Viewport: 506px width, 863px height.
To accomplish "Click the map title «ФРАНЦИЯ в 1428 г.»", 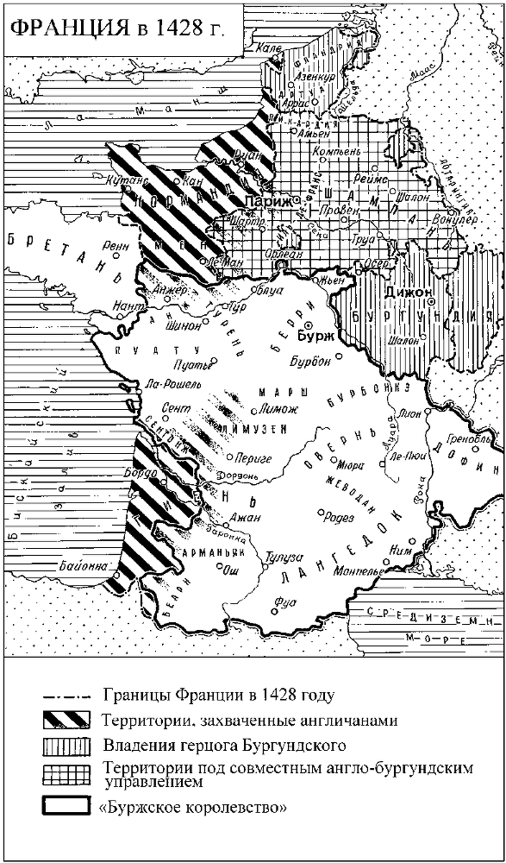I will coord(116,29).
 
